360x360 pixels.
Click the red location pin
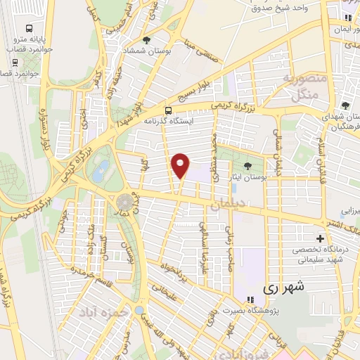(181, 165)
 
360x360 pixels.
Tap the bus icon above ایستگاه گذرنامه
(168, 110)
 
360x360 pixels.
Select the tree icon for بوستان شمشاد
(146, 41)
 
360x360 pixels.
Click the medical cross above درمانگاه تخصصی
(321, 239)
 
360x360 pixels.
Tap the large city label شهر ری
(283, 288)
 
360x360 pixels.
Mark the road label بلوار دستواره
(44, 134)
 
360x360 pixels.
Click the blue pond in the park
(103, 169)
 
